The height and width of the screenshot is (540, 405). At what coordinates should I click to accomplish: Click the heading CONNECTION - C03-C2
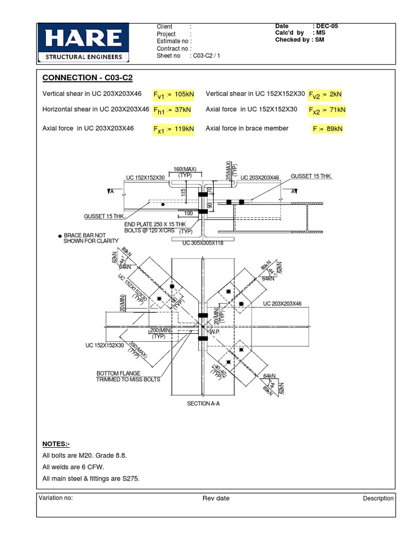pyautogui.click(x=88, y=78)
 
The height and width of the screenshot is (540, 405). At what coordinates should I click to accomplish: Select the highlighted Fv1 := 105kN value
pyautogui.click(x=173, y=94)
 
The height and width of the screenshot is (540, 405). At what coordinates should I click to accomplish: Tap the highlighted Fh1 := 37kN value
pyautogui.click(x=172, y=110)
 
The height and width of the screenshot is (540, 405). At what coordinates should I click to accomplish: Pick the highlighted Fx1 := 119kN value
pyautogui.click(x=173, y=129)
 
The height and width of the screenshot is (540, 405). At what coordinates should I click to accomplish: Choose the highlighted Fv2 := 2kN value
pyautogui.click(x=325, y=94)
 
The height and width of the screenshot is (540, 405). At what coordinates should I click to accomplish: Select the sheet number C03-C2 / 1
pyautogui.click(x=206, y=55)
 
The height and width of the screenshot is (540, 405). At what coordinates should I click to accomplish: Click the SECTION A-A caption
pyautogui.click(x=202, y=403)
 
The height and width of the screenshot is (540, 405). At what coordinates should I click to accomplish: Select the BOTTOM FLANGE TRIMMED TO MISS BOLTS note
pyautogui.click(x=128, y=376)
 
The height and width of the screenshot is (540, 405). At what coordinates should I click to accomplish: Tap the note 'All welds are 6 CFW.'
pyautogui.click(x=73, y=467)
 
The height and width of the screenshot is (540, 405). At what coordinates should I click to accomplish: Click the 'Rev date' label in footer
pyautogui.click(x=216, y=498)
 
